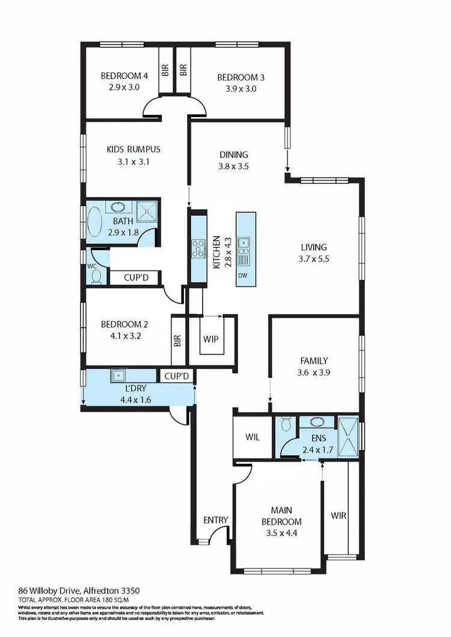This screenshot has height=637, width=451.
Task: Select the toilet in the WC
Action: click(96, 275)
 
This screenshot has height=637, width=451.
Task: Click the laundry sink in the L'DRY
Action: click(118, 375)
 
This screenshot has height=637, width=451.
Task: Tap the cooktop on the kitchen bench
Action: click(198, 248)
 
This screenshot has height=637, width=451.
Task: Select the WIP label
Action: click(210, 338)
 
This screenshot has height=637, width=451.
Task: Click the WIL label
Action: click(253, 437)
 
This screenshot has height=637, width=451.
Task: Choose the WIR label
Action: click(339, 516)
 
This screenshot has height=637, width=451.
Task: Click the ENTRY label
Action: click(215, 520)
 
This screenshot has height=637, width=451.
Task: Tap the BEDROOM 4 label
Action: click(124, 76)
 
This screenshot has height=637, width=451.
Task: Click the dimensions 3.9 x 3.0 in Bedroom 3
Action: click(241, 88)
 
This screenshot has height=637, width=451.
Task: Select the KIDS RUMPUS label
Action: click(133, 149)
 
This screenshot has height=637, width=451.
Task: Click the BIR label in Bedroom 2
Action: click(177, 341)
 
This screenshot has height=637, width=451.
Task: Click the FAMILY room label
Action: click(314, 361)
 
